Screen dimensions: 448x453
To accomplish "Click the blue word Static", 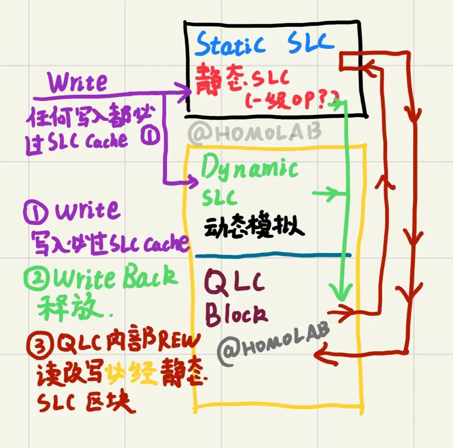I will pos(230,44).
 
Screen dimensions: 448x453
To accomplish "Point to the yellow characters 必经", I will pos(130,371).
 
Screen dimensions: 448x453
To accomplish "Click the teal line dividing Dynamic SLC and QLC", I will pos(273,255).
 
